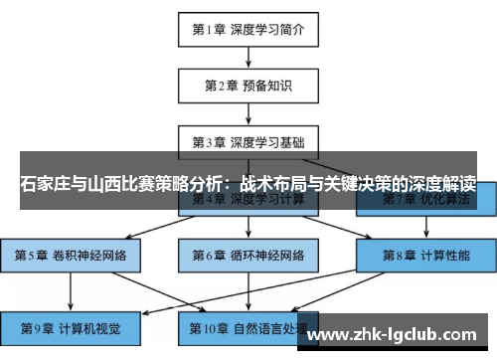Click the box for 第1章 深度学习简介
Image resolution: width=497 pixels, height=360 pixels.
click(x=248, y=29)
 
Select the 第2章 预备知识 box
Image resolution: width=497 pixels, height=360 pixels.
click(x=248, y=86)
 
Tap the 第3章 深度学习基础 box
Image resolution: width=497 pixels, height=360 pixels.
click(x=248, y=141)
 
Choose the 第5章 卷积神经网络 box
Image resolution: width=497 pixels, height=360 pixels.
click(x=71, y=256)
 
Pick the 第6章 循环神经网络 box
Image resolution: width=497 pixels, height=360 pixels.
click(x=248, y=256)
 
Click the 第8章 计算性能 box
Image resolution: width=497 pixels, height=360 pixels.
click(x=426, y=256)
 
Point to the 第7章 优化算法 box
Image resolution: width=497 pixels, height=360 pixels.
click(x=426, y=201)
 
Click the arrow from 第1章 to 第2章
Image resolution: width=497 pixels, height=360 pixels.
click(x=248, y=57)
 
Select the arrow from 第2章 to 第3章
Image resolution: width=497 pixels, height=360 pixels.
click(x=248, y=113)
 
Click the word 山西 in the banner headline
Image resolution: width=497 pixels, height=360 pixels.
click(x=106, y=185)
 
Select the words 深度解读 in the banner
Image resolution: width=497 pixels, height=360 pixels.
click(x=440, y=185)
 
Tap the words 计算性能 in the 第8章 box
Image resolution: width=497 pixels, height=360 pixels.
click(x=442, y=256)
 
